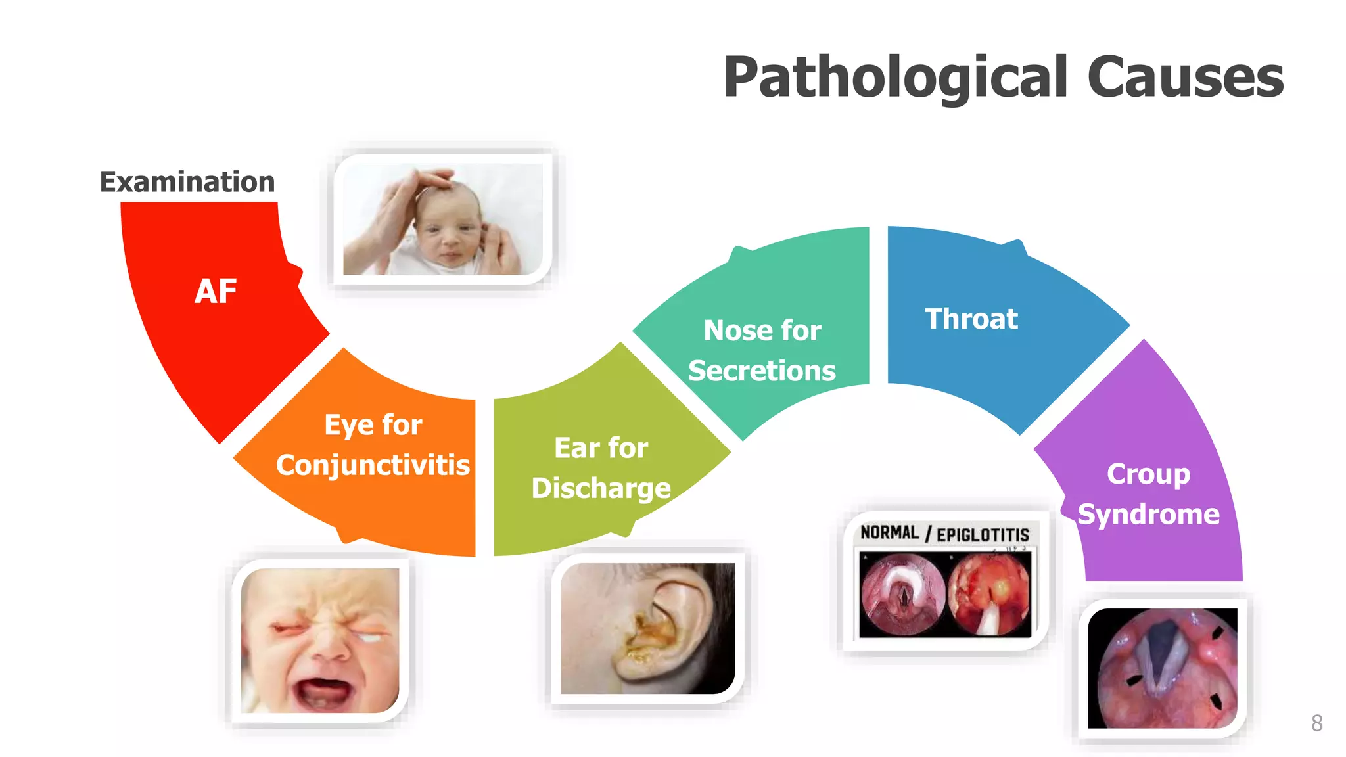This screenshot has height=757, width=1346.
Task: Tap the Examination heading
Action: (187, 182)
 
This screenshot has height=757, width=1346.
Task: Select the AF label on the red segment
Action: (216, 291)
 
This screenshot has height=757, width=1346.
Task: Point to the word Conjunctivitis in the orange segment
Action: (373, 465)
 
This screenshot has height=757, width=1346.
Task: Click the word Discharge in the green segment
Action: (601, 488)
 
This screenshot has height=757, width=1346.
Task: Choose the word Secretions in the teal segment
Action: (762, 371)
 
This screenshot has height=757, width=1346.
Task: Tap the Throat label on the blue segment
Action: (971, 319)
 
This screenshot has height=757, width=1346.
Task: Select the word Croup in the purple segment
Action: (1148, 474)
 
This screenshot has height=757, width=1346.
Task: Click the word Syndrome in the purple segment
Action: (1148, 514)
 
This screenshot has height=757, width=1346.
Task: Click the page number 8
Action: (1316, 723)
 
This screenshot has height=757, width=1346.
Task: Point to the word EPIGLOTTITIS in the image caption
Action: (983, 535)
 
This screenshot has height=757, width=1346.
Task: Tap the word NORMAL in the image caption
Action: (889, 532)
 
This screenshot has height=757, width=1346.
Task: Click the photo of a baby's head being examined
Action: (442, 219)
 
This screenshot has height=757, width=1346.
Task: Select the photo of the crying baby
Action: (320, 640)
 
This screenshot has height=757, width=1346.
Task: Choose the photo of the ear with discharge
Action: (647, 628)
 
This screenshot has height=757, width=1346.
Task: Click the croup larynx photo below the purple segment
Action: (1162, 668)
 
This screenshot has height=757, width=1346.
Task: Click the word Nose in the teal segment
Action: (728, 331)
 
